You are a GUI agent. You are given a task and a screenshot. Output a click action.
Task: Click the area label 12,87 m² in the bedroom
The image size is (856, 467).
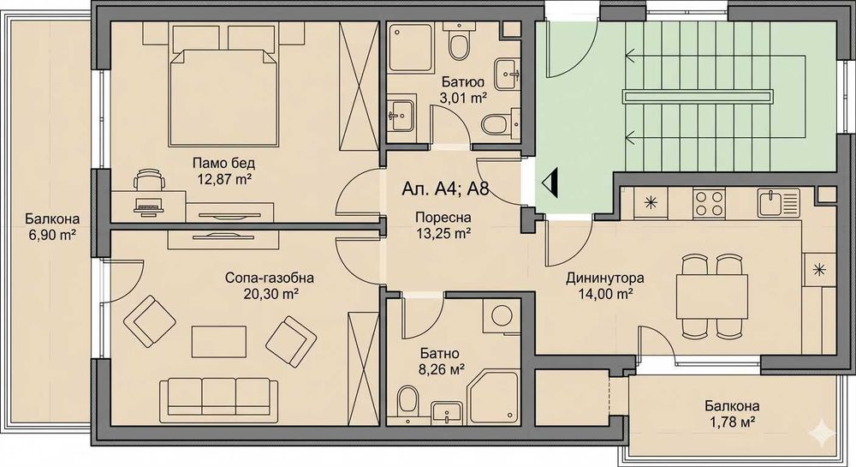click(223, 178)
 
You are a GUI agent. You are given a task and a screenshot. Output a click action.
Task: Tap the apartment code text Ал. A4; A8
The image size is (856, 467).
click(445, 189)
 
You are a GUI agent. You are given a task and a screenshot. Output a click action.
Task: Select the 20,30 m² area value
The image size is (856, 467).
click(270, 295)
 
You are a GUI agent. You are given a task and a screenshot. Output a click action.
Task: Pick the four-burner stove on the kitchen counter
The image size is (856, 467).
click(709, 203)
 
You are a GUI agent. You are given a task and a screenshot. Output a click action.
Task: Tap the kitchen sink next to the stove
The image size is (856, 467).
click(778, 203)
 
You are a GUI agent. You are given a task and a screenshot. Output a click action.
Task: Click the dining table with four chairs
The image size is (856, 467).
click(712, 296)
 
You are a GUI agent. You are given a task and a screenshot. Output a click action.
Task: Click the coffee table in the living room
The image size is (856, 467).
click(218, 343)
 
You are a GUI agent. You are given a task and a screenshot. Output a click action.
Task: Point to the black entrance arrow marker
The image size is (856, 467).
click(550, 183)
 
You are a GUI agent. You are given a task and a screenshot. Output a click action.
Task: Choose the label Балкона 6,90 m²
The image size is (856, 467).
click(52, 227)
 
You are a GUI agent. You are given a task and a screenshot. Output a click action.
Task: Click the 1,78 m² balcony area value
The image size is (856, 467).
click(731, 422)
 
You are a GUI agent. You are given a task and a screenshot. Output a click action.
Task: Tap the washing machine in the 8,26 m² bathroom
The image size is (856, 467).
click(501, 315)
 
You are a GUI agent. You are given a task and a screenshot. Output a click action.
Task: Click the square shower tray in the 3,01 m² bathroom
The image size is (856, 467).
click(410, 47)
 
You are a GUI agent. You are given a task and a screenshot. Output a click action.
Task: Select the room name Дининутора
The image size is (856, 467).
click(604, 278)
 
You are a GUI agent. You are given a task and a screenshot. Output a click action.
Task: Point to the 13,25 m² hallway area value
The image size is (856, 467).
click(443, 234)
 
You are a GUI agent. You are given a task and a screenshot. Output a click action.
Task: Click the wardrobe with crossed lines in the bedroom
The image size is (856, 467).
click(358, 87)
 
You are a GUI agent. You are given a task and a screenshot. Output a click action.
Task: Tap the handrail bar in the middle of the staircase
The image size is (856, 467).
click(699, 97)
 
